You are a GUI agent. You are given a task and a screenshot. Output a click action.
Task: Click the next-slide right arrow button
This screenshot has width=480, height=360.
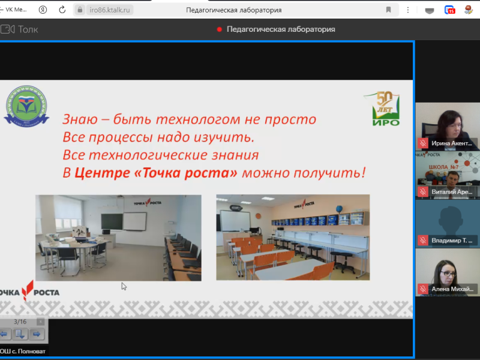click(x=36, y=334)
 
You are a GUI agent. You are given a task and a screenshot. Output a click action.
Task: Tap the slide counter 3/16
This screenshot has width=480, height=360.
click(x=20, y=322)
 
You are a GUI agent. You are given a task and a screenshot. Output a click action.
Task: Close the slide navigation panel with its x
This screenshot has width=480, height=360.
click(x=40, y=322)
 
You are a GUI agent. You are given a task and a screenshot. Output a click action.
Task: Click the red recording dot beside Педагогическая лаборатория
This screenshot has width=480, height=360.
click(x=220, y=29)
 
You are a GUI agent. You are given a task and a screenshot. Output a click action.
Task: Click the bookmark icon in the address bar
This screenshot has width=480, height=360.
click(x=389, y=10)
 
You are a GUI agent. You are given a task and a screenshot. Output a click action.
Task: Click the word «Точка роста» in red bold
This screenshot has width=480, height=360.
click(x=157, y=173)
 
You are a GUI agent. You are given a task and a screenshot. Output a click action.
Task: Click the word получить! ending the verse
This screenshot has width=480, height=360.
click(x=338, y=173)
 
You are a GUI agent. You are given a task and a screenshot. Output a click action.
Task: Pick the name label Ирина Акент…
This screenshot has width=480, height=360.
click(x=452, y=144)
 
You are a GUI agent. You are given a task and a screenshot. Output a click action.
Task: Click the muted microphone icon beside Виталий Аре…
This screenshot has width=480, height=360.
click(x=422, y=192)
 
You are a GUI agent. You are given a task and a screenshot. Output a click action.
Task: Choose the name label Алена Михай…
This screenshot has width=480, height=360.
click(x=452, y=289)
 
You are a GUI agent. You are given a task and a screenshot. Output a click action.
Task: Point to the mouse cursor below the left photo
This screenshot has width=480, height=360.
click(x=124, y=286)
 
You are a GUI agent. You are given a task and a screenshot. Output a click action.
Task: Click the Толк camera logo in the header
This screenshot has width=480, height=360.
click(x=7, y=29)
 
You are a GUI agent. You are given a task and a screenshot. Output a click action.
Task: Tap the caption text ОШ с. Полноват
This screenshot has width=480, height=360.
click(x=23, y=351)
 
